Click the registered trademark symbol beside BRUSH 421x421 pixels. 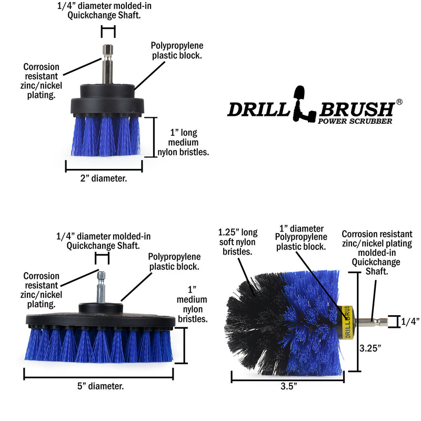click(399, 102)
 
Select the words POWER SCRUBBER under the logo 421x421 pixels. click(355, 122)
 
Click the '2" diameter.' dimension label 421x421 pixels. click(103, 178)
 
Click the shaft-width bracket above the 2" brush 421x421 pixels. click(108, 31)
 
